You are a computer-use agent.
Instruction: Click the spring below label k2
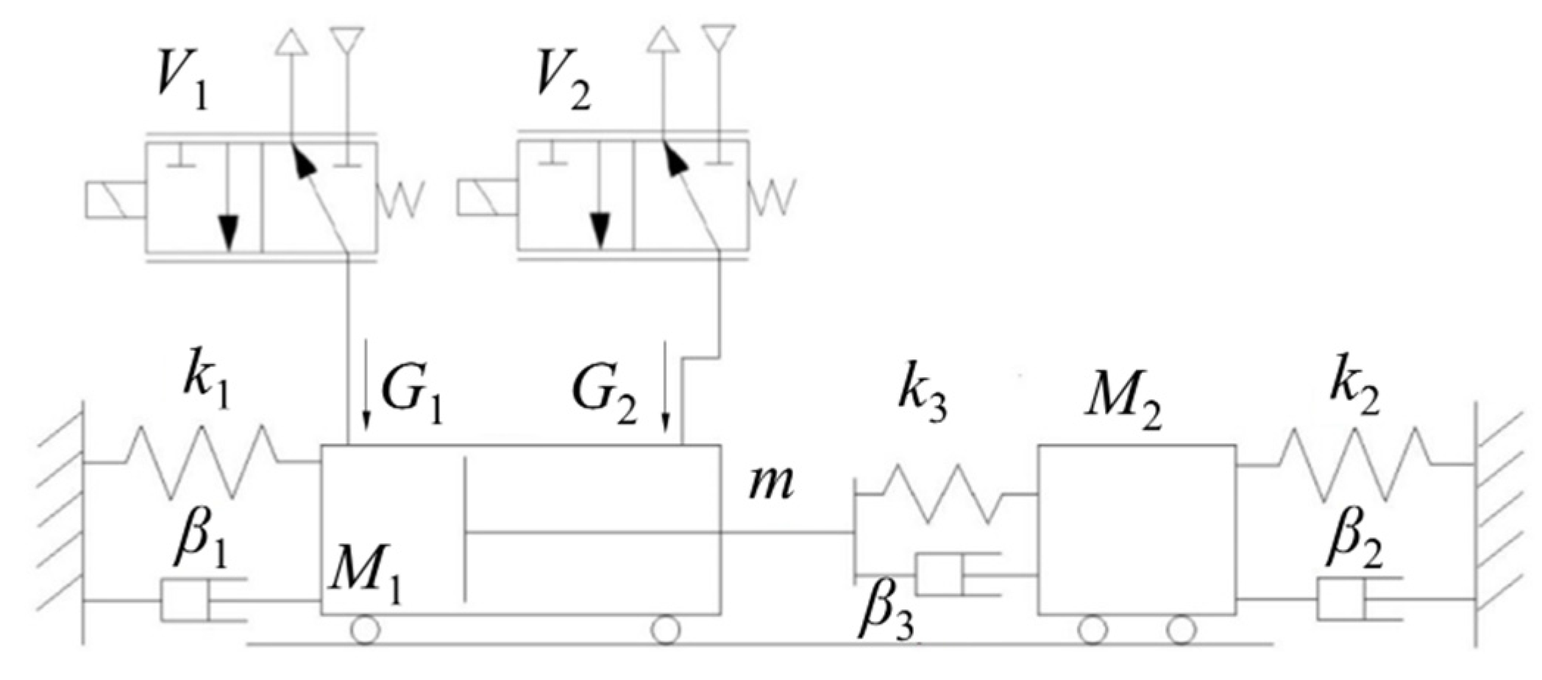(1354, 463)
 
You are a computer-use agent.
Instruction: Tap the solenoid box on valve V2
(486, 199)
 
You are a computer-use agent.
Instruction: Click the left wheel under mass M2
(1093, 630)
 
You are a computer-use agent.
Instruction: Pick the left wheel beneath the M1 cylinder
(366, 630)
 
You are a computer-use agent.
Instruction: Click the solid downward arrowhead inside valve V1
(230, 228)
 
